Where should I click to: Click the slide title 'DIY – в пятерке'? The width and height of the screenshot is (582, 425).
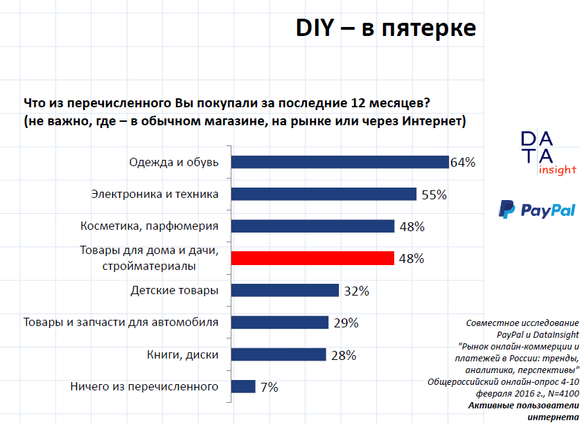386,28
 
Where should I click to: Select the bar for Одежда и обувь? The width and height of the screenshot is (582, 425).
339,162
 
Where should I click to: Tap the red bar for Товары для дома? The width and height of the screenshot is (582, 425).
312,258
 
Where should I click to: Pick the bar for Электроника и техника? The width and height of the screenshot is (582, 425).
324,194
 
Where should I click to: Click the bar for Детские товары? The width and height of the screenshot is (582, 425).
285,290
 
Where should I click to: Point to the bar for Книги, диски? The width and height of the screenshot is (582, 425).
279,354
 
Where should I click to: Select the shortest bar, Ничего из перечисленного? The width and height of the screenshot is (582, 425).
243,386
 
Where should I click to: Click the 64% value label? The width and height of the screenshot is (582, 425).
462,163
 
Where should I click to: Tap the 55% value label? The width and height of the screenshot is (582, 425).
434,195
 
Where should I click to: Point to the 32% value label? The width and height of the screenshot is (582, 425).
356,291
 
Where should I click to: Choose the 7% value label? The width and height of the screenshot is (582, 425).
270,387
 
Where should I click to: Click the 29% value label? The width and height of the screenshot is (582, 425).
345,323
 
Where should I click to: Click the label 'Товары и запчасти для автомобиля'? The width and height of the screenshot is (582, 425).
121,322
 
